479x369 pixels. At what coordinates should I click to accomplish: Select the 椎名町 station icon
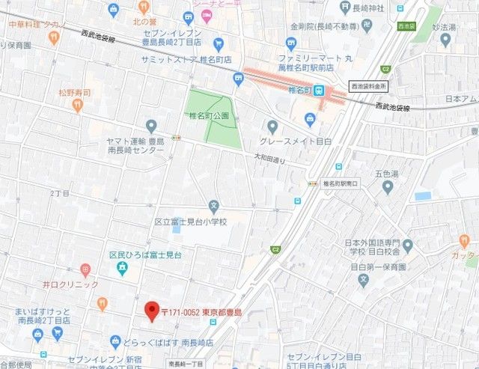click(x=320, y=91)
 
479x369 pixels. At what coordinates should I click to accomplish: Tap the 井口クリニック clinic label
click(x=70, y=285)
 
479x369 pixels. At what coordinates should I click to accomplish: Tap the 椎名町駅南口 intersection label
click(x=341, y=183)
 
